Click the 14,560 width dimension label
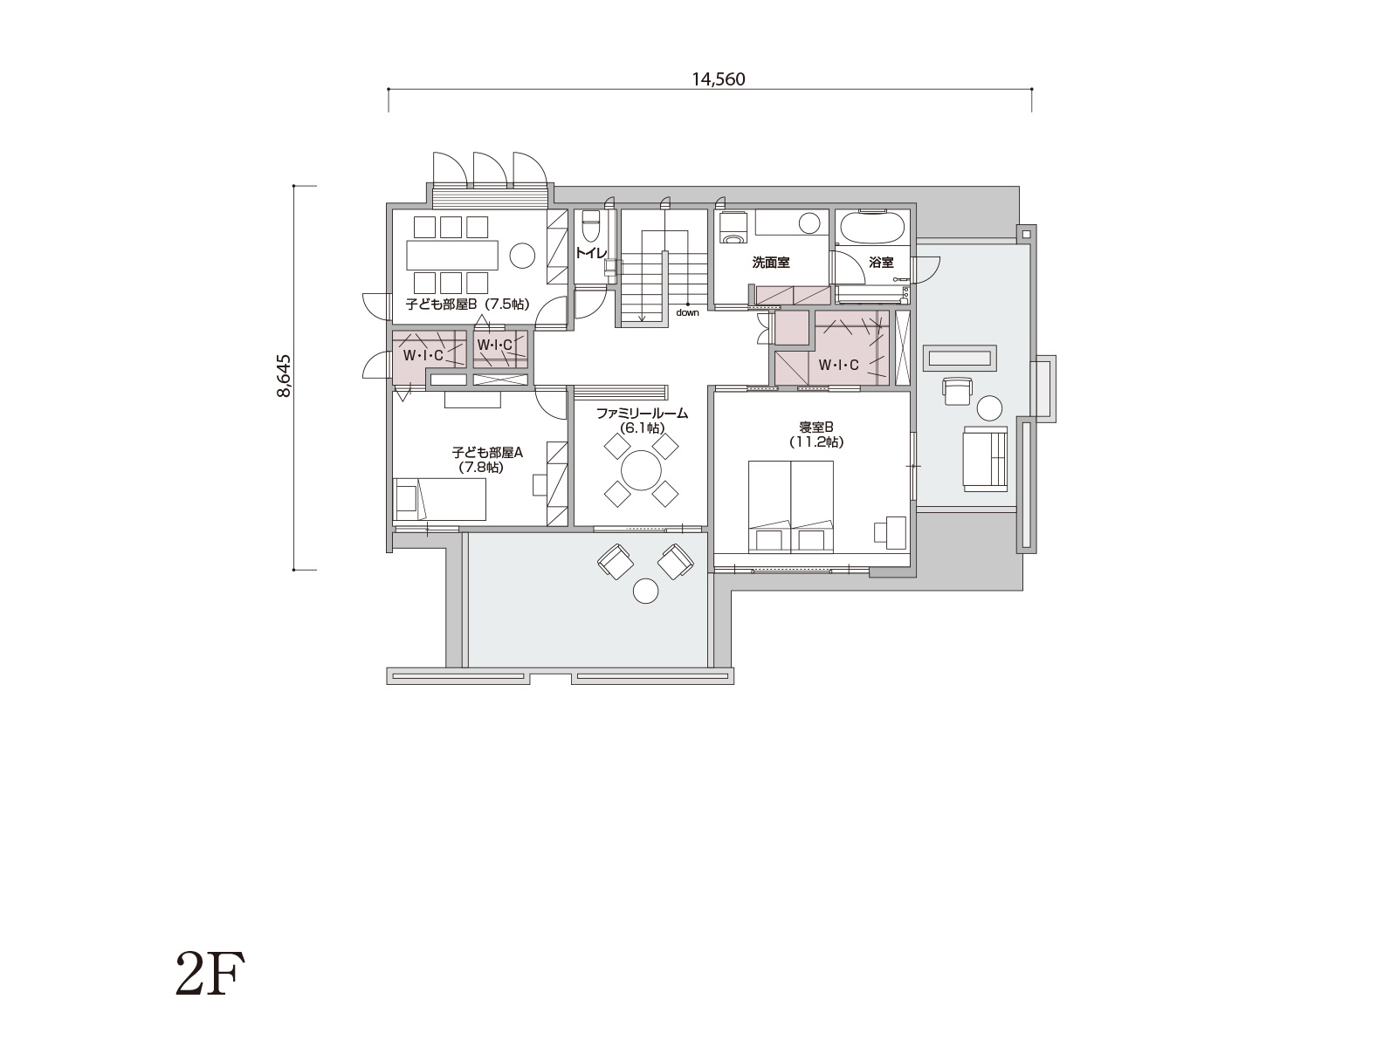[x=718, y=79]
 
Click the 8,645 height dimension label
[x=284, y=376]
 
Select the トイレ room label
[x=590, y=253]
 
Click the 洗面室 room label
[x=771, y=262]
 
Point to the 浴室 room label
[x=882, y=262]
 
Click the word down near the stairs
[x=687, y=312]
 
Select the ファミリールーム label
[x=642, y=414]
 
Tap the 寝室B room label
[x=815, y=428]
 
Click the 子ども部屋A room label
[x=487, y=453]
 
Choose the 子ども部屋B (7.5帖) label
[x=468, y=304]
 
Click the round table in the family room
[x=641, y=470]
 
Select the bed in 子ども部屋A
[x=440, y=500]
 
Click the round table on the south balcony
[x=645, y=592]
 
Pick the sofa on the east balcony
[x=985, y=458]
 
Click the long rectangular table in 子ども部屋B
[x=453, y=256]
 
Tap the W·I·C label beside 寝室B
[x=838, y=365]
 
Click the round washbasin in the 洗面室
[x=809, y=223]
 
